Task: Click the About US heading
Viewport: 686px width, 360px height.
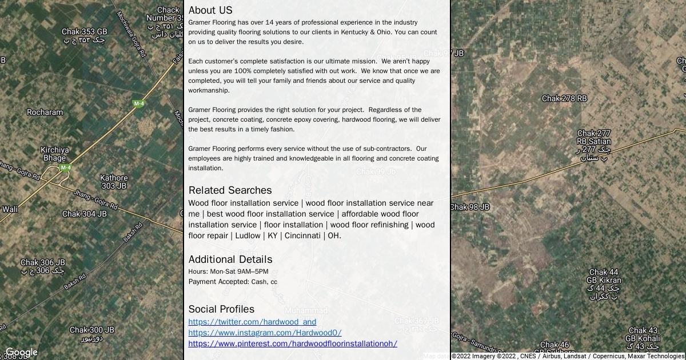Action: tap(210, 10)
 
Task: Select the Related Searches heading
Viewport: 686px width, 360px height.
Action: tap(230, 190)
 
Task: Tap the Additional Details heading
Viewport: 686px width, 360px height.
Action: tap(230, 259)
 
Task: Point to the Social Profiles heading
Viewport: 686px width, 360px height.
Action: tap(221, 309)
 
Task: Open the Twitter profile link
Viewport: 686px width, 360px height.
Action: tap(252, 322)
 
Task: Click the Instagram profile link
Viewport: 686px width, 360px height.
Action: tap(265, 333)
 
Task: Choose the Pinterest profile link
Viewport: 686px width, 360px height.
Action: tap(293, 343)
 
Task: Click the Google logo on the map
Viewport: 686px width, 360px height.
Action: tap(21, 353)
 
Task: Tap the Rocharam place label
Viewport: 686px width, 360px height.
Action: tap(45, 112)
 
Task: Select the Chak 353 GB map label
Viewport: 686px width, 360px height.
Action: tap(85, 32)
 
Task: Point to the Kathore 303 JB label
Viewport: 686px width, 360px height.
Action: tap(114, 182)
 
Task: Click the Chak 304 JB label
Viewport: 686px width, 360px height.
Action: tap(85, 214)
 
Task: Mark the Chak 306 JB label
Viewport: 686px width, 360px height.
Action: tap(43, 263)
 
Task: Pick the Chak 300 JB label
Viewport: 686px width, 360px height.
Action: tap(92, 330)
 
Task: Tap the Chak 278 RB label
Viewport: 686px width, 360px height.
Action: tap(564, 98)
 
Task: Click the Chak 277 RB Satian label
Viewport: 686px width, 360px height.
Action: tap(594, 138)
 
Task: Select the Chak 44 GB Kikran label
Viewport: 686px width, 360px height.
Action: tap(604, 277)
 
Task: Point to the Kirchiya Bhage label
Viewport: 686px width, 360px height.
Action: tap(55, 154)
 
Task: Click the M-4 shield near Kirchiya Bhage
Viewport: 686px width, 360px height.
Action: tap(66, 167)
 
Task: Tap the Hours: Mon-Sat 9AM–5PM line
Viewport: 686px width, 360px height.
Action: tap(228, 271)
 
